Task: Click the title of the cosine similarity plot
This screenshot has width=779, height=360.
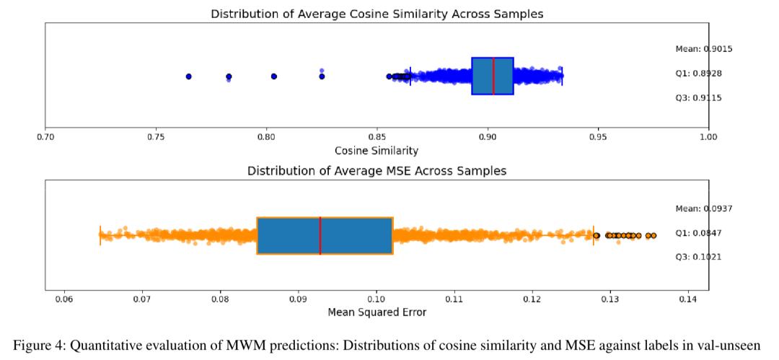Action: click(x=377, y=14)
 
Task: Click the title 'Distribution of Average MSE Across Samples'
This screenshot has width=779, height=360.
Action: click(x=377, y=171)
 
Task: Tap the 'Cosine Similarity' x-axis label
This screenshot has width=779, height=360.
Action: click(x=377, y=151)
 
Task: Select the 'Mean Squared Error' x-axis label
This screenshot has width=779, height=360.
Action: click(x=377, y=312)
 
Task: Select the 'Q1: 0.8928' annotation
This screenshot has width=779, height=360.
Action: click(x=698, y=74)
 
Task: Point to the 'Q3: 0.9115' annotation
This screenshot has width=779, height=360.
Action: click(x=698, y=97)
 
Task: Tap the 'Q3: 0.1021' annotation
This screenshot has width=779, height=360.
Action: click(x=698, y=257)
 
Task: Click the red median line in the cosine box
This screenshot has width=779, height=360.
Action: click(x=493, y=76)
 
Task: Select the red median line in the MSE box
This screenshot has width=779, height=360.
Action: click(x=320, y=235)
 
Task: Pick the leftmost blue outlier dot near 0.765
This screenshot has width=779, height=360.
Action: click(x=188, y=76)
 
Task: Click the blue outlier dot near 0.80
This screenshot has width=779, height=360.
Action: click(x=274, y=76)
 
